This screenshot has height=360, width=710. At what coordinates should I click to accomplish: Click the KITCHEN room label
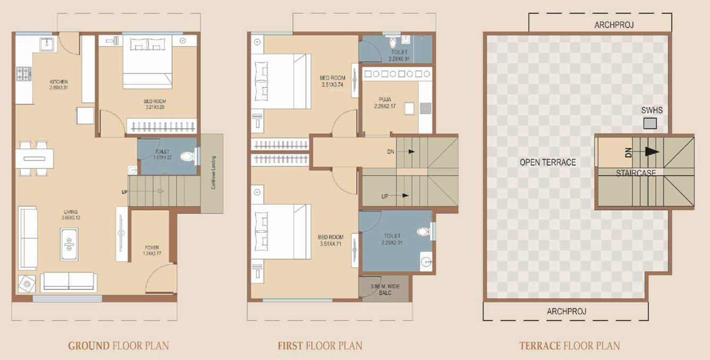[x=58, y=81]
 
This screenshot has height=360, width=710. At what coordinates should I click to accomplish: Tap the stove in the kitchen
[x=24, y=72]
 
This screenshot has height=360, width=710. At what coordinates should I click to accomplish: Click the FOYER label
[x=152, y=248]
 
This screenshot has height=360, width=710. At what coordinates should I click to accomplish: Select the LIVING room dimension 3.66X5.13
[x=70, y=218]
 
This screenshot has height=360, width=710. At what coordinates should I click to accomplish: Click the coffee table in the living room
[x=69, y=244]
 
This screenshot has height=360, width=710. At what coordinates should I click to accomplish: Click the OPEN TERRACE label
[x=547, y=162]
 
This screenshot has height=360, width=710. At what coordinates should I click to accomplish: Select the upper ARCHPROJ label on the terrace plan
[x=614, y=25]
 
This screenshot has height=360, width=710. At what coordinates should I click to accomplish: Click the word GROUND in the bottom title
[x=89, y=346]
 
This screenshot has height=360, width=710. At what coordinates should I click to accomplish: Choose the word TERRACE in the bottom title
[x=540, y=346]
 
